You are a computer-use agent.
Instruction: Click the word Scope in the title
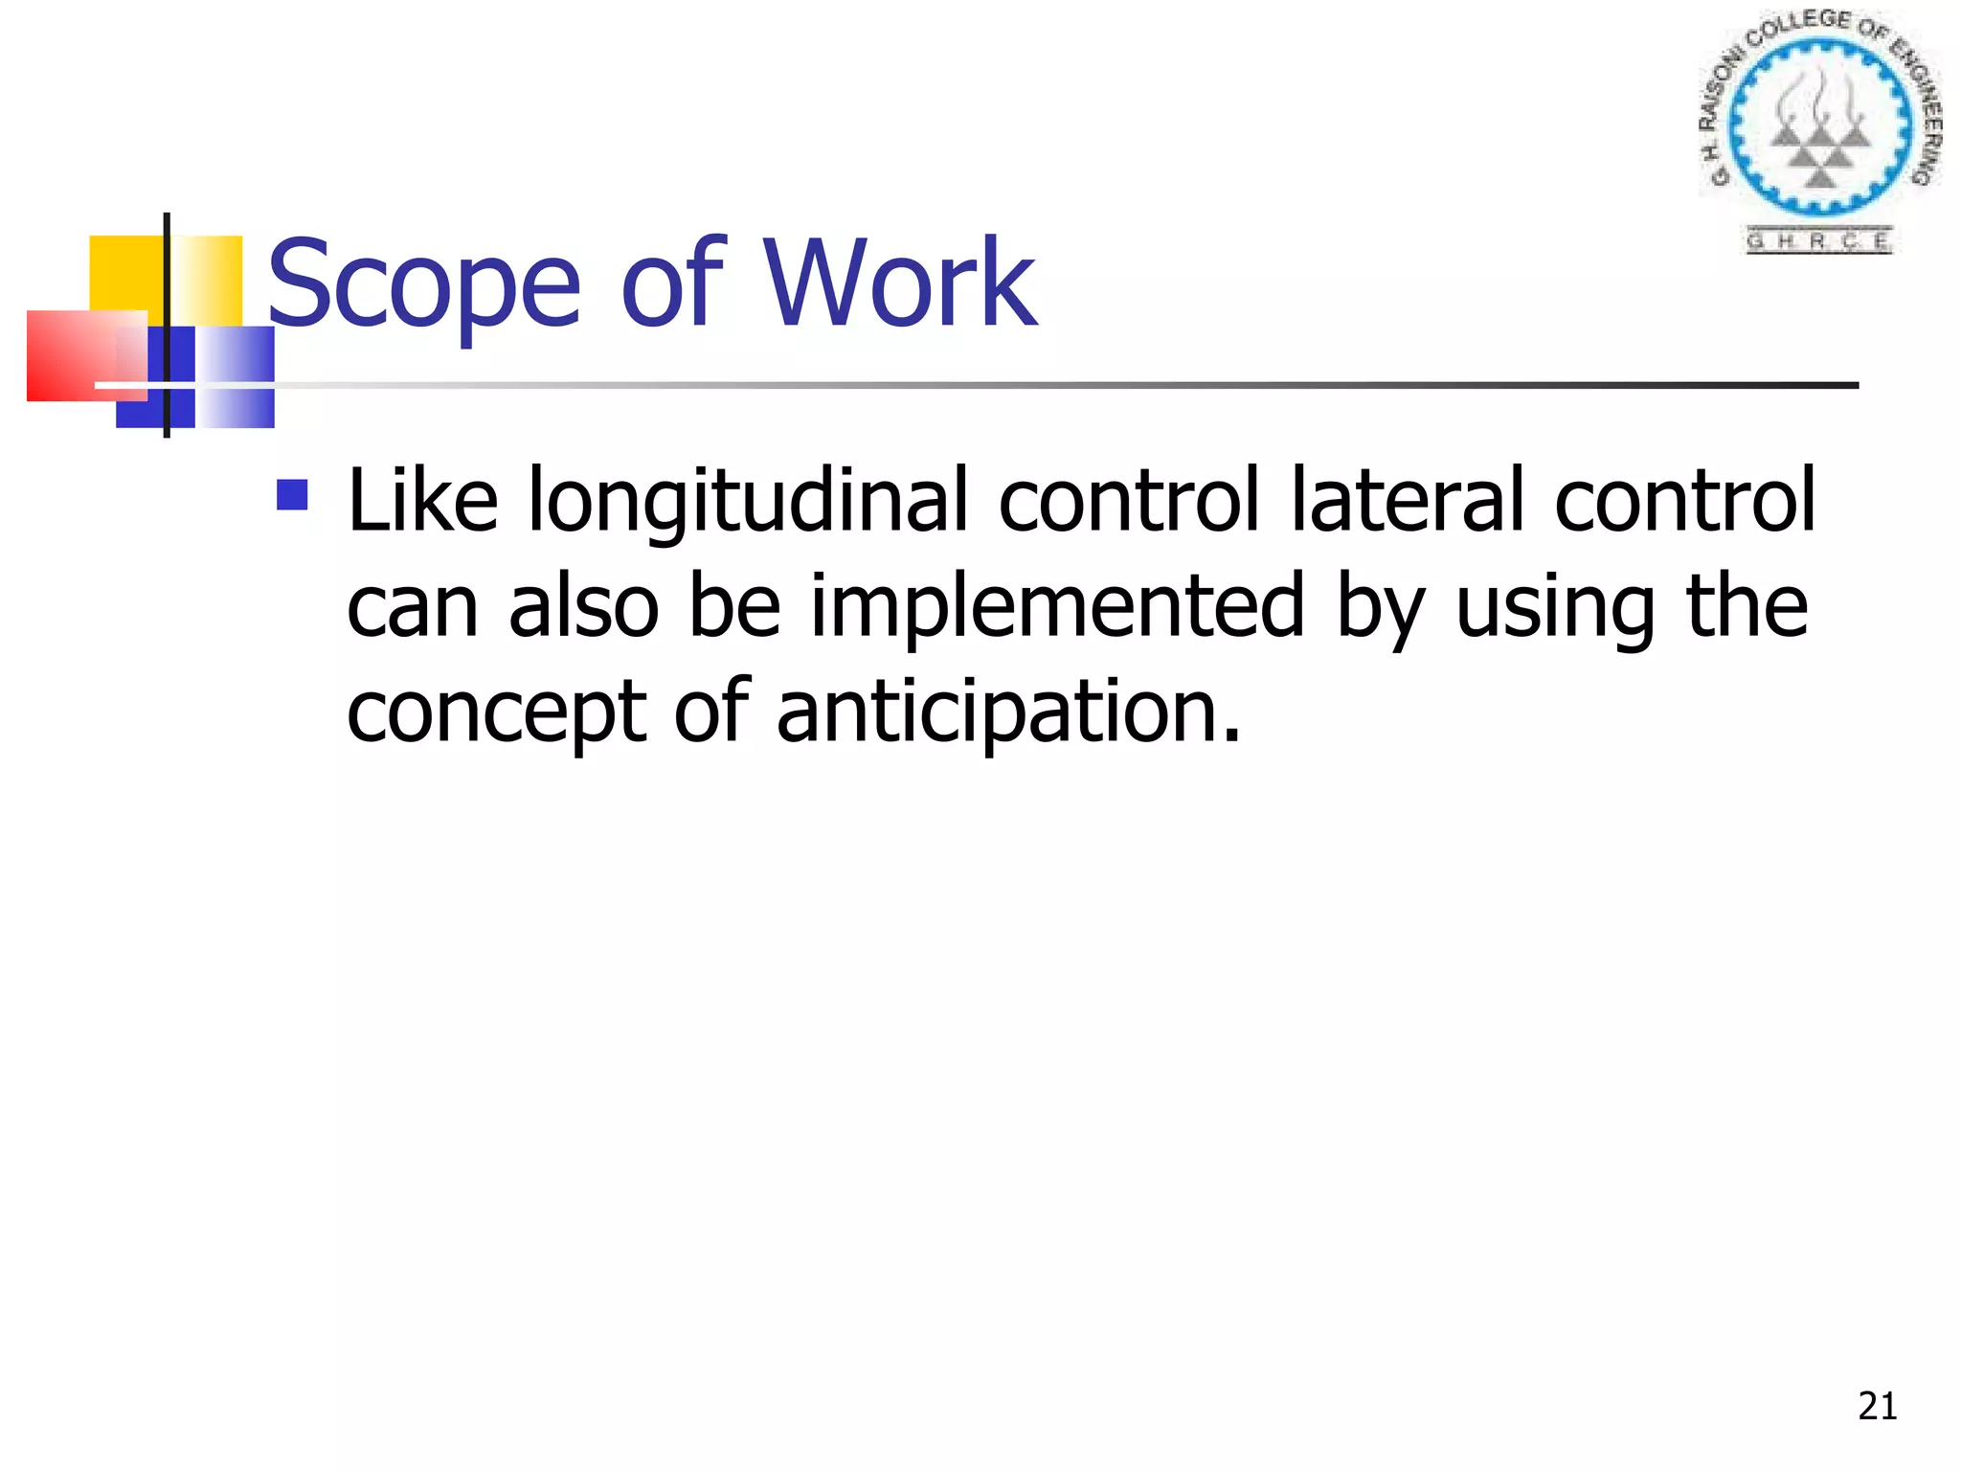tap(424, 284)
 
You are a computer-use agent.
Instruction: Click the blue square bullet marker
tap(292, 494)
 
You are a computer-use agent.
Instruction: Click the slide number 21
tap(1877, 1407)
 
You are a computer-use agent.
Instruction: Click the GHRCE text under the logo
tap(1818, 240)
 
